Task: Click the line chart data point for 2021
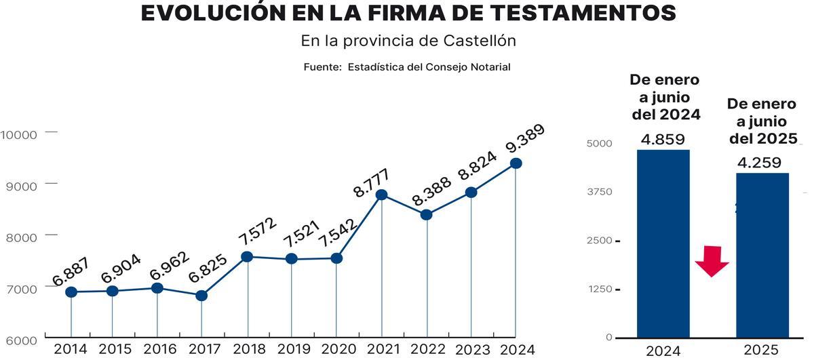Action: pyautogui.click(x=381, y=195)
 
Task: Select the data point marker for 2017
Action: pyautogui.click(x=201, y=296)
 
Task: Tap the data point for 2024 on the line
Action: pyautogui.click(x=516, y=163)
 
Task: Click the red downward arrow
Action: pyautogui.click(x=712, y=261)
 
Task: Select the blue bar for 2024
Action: pyautogui.click(x=663, y=244)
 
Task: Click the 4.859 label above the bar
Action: pyautogui.click(x=663, y=140)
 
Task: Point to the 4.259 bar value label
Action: pyautogui.click(x=759, y=163)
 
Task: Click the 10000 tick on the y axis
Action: pyautogui.click(x=18, y=134)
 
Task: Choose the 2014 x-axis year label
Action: pyautogui.click(x=71, y=350)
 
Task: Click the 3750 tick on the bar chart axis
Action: pyautogui.click(x=600, y=192)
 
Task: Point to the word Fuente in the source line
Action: pyautogui.click(x=322, y=67)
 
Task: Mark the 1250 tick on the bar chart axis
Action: pyautogui.click(x=600, y=289)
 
